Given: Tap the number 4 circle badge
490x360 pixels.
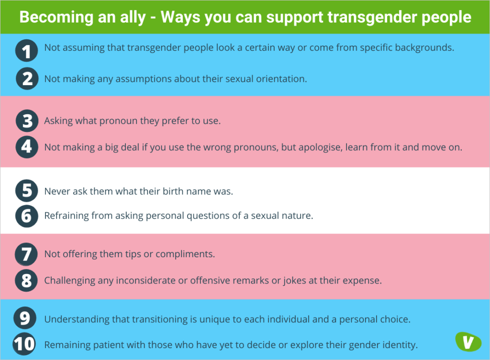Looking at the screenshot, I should point(27,147).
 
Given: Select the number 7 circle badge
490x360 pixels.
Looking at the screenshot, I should point(27,254).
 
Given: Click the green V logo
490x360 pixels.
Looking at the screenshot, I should point(465,341).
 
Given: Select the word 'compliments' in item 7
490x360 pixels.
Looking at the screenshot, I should point(186,254).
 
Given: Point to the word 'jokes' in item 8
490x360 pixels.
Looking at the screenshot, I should point(295,281).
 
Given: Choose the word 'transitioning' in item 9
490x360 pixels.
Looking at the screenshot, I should point(147,319).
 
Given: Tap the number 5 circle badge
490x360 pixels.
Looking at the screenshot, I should point(27,191).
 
